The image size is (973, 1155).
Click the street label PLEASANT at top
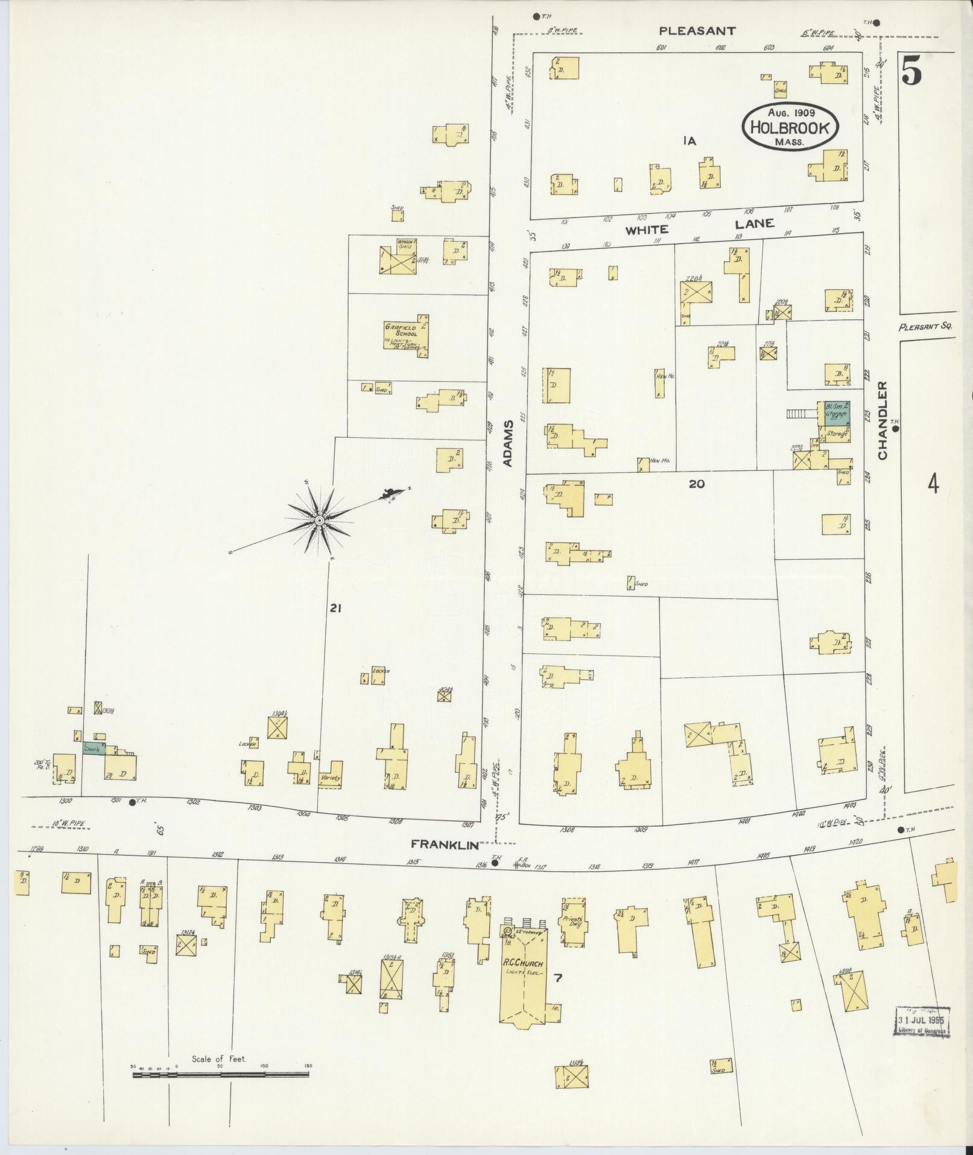[x=697, y=31]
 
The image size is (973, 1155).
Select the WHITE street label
[x=647, y=229]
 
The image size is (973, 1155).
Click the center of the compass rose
[x=320, y=520]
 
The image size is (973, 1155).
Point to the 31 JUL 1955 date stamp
[x=922, y=1022]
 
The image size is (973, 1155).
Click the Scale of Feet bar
[x=220, y=1075]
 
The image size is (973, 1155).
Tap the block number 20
[x=697, y=484]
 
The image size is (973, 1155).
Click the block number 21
[x=335, y=609]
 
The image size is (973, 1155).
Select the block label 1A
[x=689, y=141]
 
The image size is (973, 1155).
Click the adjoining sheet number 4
[x=933, y=484]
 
